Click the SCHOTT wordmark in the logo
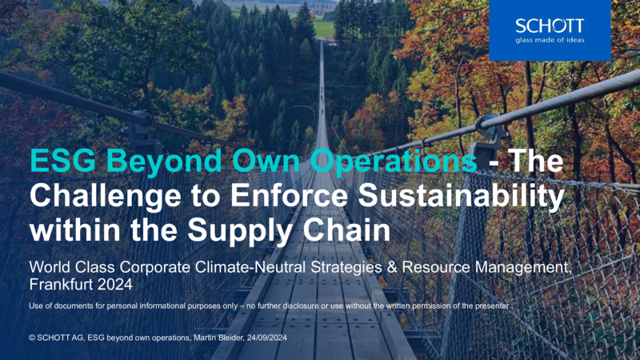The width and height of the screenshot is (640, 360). (x=550, y=26)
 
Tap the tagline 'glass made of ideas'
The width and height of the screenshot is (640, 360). (x=550, y=40)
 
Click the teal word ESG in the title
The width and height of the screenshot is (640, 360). (x=63, y=161)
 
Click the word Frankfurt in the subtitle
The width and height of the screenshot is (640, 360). (x=62, y=284)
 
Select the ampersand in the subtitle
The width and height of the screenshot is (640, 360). (x=392, y=267)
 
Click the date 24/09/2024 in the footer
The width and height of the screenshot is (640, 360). (x=267, y=338)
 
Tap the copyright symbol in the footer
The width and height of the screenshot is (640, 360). (x=32, y=338)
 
